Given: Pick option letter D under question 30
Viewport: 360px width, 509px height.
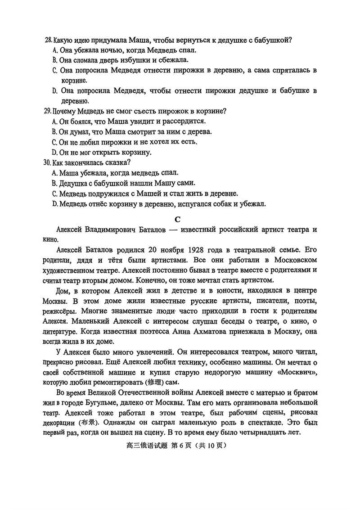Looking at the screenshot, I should point(55,204).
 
